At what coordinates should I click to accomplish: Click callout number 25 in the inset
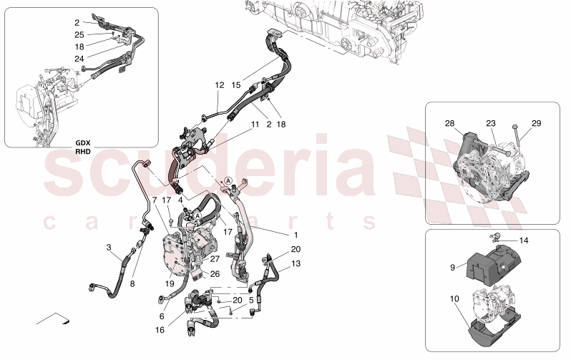tap(79, 34)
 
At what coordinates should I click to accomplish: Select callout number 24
tap(79, 58)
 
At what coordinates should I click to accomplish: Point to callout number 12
tap(220, 84)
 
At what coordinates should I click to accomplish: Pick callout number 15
tap(236, 84)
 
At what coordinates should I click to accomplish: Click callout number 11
tap(255, 124)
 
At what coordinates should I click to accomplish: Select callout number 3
tap(109, 248)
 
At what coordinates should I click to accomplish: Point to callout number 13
tap(296, 263)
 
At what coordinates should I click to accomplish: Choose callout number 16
tap(159, 330)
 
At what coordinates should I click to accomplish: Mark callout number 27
tap(215, 259)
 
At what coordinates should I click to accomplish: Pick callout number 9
tap(453, 268)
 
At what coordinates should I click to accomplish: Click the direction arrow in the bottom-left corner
tap(54, 318)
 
